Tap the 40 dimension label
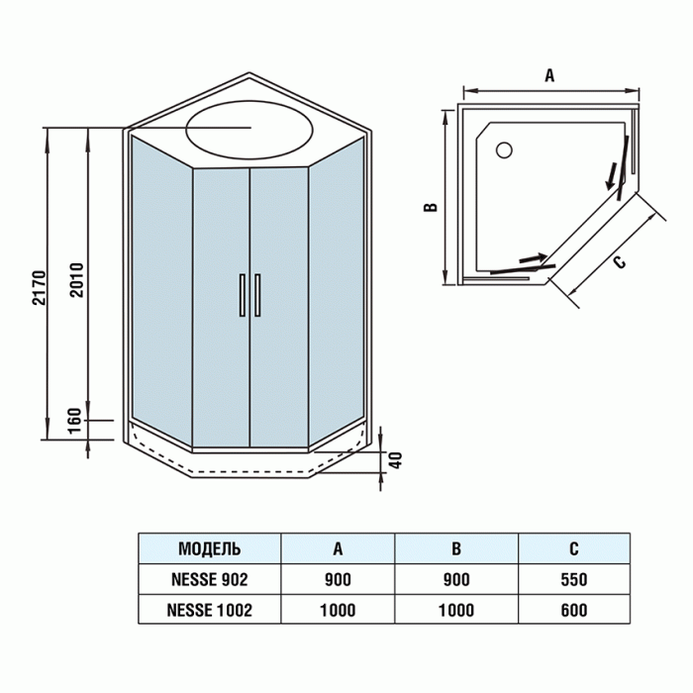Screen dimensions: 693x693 (x=395, y=460)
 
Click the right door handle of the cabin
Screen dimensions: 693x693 (x=257, y=295)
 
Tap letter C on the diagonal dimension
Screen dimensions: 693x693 (x=618, y=262)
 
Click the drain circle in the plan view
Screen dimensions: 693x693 (x=503, y=150)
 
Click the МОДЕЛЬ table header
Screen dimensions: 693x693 (x=209, y=548)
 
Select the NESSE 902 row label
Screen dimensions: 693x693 (x=208, y=579)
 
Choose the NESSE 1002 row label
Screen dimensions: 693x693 (x=208, y=610)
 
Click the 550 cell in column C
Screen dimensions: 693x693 (x=574, y=579)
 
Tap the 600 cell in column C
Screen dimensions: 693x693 (x=574, y=610)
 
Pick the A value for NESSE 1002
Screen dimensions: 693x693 (x=338, y=610)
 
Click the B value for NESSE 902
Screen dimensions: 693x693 (x=456, y=579)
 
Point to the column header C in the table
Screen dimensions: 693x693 (x=574, y=548)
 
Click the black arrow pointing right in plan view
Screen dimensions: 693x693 (x=535, y=258)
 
